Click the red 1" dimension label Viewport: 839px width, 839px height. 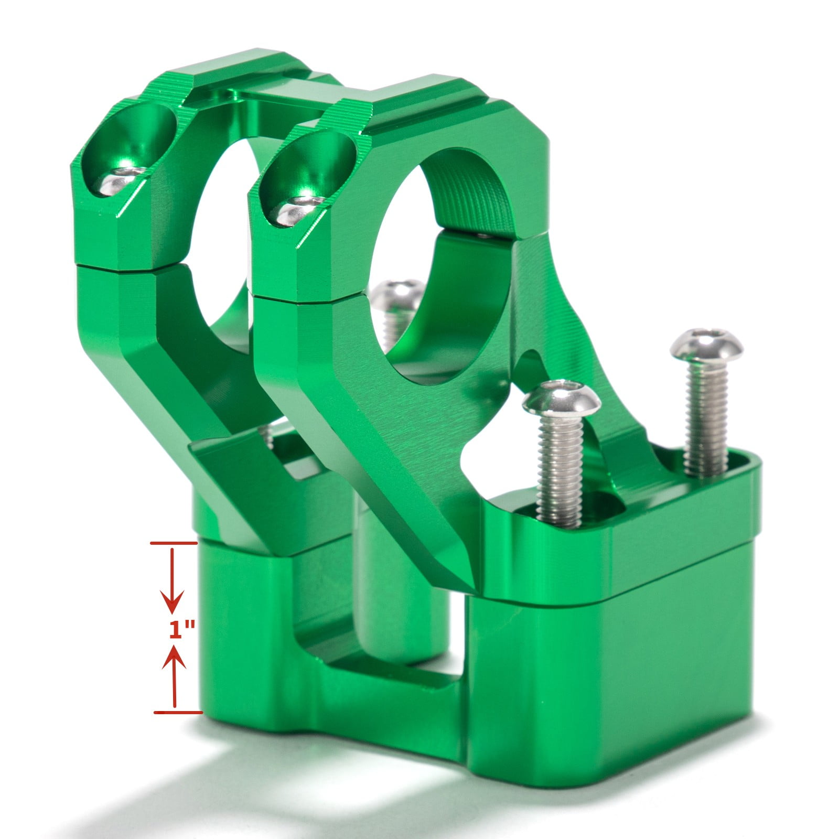pyautogui.click(x=181, y=629)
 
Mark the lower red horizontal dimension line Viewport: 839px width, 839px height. pyautogui.click(x=177, y=712)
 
